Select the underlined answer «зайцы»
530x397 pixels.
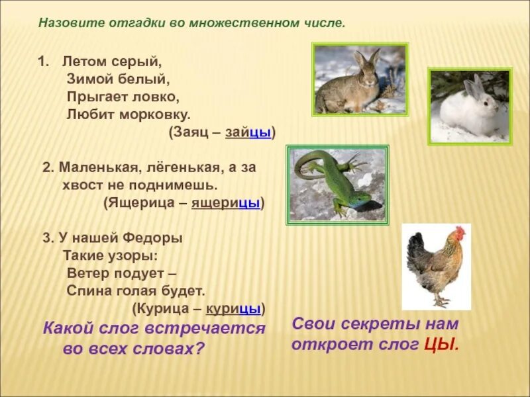(x=248, y=132)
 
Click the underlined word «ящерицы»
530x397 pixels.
(x=226, y=203)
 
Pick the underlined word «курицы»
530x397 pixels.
(x=233, y=308)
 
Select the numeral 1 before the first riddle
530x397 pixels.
(x=42, y=62)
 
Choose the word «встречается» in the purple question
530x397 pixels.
(x=205, y=328)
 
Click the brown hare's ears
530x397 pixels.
(x=366, y=58)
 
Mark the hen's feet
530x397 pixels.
(x=441, y=301)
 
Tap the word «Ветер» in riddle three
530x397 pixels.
(x=87, y=273)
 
